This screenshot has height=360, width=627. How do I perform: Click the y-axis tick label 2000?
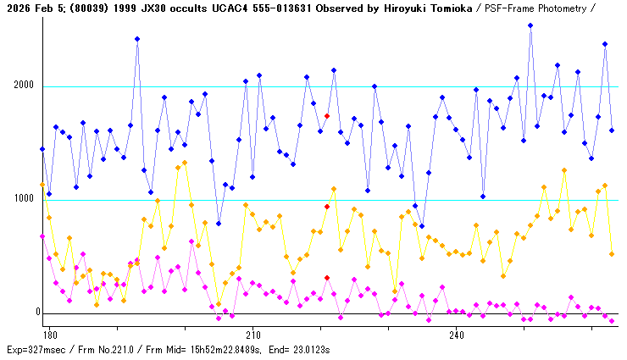24,86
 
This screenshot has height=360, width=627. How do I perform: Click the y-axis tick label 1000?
24,199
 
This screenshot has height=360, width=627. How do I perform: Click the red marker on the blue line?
327,116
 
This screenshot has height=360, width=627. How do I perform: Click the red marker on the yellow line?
327,207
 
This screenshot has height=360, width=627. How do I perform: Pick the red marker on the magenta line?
327,278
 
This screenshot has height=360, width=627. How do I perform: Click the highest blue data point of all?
530,25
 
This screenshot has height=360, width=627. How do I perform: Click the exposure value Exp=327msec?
34,349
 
